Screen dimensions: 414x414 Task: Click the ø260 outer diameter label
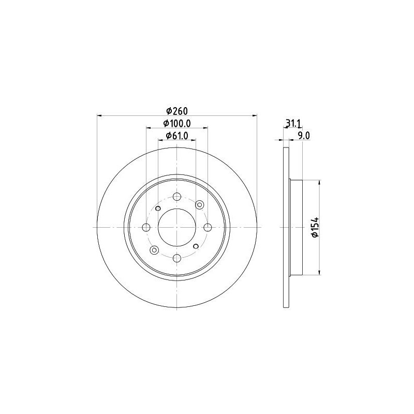[x=177, y=111]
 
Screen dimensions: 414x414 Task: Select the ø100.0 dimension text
[x=177, y=123]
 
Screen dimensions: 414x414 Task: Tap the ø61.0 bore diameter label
[x=177, y=136]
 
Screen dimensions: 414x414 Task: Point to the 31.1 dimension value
[x=293, y=123]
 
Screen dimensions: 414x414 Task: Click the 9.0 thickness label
[x=304, y=136]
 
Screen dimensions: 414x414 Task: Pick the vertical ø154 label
[x=315, y=227]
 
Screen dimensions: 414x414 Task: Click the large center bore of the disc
[x=177, y=227]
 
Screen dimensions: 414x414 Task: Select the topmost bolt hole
[x=177, y=197]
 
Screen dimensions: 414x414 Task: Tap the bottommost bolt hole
[x=177, y=258]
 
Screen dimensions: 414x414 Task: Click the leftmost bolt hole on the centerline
[x=146, y=227]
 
